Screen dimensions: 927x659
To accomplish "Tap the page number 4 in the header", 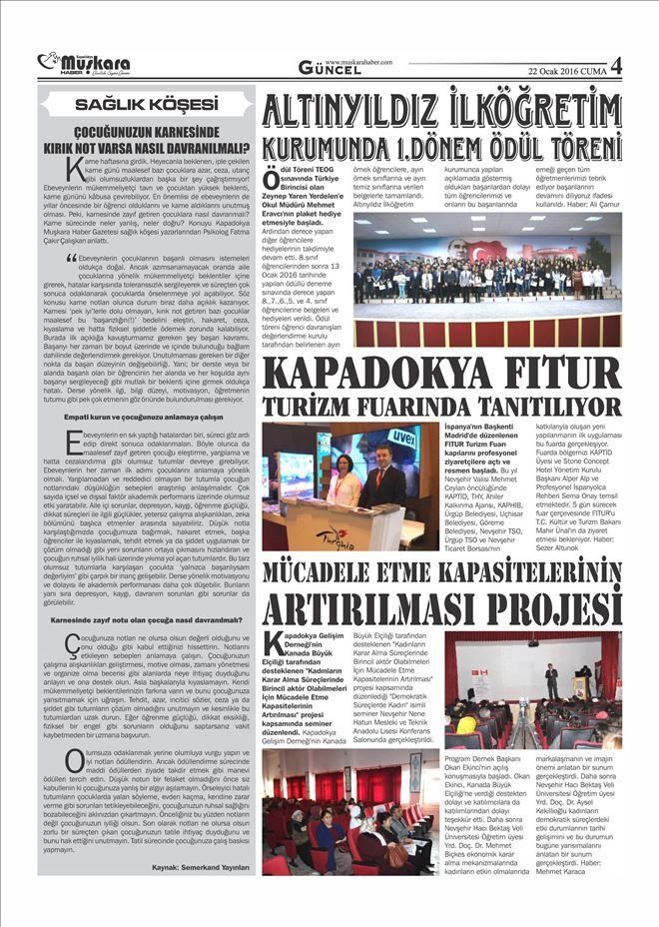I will click(x=615, y=65).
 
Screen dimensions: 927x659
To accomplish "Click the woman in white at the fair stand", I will click(x=343, y=483).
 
